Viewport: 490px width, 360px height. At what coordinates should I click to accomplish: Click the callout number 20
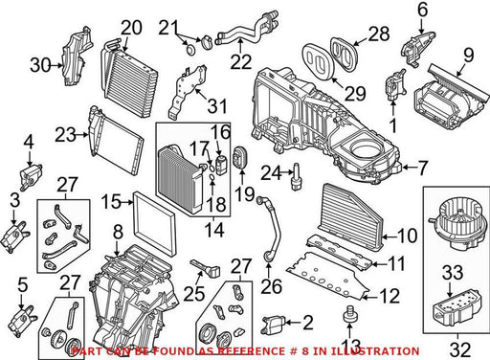pyautogui.click(x=131, y=28)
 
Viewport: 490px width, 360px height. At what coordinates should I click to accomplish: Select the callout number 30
pyautogui.click(x=40, y=65)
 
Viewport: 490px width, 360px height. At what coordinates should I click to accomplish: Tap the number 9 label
pyautogui.click(x=469, y=56)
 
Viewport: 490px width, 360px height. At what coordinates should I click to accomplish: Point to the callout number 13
pyautogui.click(x=351, y=347)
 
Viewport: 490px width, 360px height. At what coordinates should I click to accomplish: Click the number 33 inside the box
pyautogui.click(x=453, y=273)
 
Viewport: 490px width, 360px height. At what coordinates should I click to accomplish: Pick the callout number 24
pyautogui.click(x=271, y=174)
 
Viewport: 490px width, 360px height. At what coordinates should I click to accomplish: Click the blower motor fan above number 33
pyautogui.click(x=457, y=224)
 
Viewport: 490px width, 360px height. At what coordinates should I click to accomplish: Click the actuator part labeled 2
pyautogui.click(x=272, y=324)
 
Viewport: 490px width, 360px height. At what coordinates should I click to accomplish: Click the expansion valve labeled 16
pyautogui.click(x=220, y=165)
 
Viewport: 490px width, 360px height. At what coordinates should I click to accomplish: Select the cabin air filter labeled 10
pyautogui.click(x=351, y=217)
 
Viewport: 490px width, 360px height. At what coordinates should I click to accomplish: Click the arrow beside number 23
pyautogui.click(x=81, y=135)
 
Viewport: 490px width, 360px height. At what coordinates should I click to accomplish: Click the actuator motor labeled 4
pyautogui.click(x=31, y=175)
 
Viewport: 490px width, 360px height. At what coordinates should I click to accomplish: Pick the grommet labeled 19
pyautogui.click(x=240, y=157)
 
